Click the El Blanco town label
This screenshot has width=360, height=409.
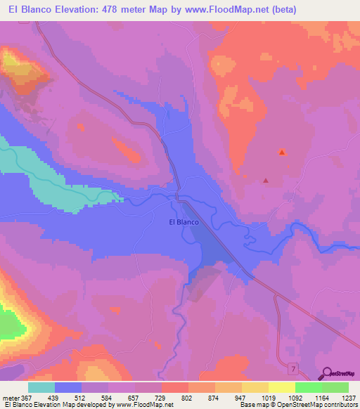point(184,222)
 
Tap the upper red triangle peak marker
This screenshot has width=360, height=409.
point(282,152)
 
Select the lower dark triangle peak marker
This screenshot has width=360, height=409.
point(266,181)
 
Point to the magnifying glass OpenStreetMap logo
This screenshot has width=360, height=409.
point(326,374)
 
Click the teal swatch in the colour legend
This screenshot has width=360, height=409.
point(41,387)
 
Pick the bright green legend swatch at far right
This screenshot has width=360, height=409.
point(335,387)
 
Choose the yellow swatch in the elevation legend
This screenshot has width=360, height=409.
point(255,387)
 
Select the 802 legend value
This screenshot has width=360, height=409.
point(188,398)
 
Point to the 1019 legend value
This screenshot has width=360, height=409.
point(268,398)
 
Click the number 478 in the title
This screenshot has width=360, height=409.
point(118,10)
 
